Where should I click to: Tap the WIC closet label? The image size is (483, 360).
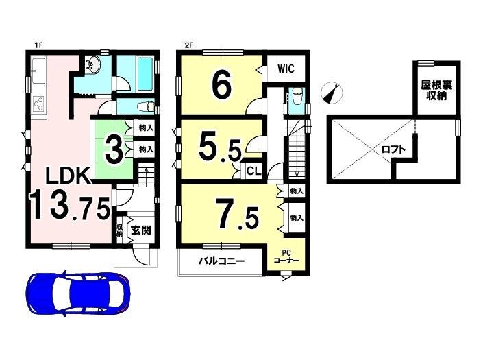point(286,69)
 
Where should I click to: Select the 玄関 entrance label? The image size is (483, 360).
point(141,230)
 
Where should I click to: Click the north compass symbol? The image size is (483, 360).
point(332,93)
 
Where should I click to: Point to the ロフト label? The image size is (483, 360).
point(393,149)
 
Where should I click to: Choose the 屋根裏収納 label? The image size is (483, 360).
point(436,91)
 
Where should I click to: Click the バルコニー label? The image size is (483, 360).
point(221,261)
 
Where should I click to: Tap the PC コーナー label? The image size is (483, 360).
point(286,256)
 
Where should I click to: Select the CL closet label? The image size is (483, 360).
point(254,171)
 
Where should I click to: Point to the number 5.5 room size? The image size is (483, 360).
point(220,148)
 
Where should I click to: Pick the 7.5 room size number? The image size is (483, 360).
point(237,214)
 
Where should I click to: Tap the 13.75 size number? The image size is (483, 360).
point(70,204)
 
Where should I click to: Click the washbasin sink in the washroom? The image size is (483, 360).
point(92,64)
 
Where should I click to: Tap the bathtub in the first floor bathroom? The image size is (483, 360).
point(145,73)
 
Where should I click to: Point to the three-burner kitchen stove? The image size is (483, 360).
point(38,104)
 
